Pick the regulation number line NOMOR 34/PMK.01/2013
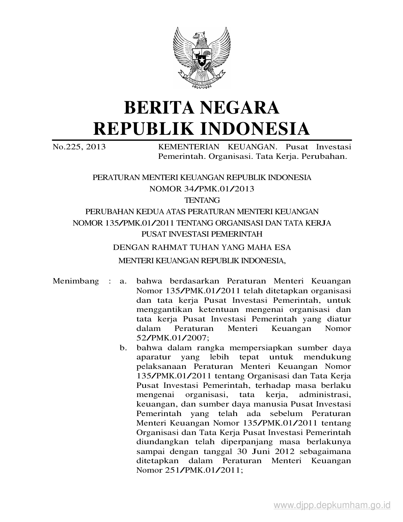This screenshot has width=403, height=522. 202,189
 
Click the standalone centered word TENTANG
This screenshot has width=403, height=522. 202,200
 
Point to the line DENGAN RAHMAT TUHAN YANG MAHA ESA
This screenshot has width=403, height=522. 202,247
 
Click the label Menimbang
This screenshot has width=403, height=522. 76,281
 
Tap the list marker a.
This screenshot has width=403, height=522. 123,281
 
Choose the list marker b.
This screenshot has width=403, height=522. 123,348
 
